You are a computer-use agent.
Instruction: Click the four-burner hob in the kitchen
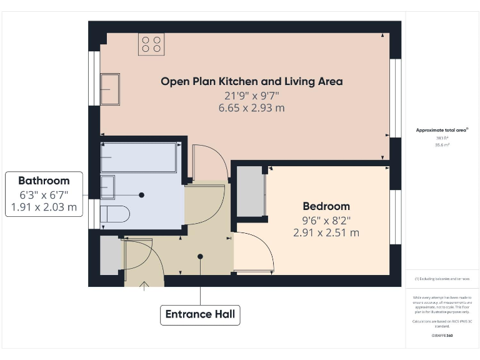pyautogui.click(x=151, y=44)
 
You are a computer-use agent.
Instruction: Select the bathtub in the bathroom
pyautogui.click(x=138, y=157)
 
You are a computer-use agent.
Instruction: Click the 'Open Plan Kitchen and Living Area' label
pyautogui.click(x=251, y=81)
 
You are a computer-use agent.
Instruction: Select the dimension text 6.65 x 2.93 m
pyautogui.click(x=251, y=108)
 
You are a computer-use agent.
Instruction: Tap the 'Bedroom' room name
pyautogui.click(x=326, y=206)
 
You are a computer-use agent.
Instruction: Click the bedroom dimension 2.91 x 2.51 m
pyautogui.click(x=326, y=232)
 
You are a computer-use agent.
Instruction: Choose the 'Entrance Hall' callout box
pyautogui.click(x=200, y=314)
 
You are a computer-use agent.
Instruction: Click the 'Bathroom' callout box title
pyautogui.click(x=44, y=181)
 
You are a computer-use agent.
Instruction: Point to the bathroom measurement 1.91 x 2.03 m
pyautogui.click(x=44, y=207)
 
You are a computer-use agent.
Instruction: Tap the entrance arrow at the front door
pyautogui.click(x=145, y=286)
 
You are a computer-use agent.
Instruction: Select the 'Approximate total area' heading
pyautogui.click(x=442, y=130)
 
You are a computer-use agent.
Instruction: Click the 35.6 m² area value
pyautogui.click(x=442, y=144)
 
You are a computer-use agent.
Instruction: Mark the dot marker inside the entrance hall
pyautogui.click(x=201, y=256)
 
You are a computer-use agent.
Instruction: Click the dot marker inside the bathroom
pyautogui.click(x=142, y=195)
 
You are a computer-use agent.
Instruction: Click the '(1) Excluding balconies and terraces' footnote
pyautogui.click(x=442, y=279)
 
